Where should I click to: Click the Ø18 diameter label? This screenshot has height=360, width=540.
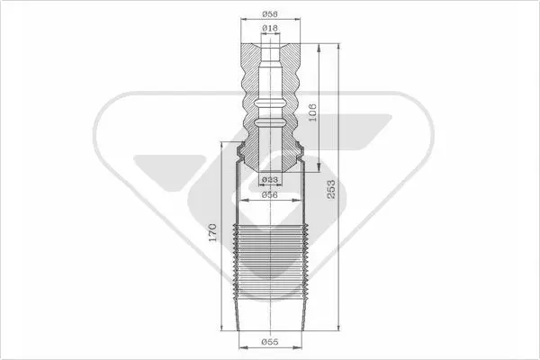tap(270, 28)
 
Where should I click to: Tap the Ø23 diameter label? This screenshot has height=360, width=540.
tap(270, 179)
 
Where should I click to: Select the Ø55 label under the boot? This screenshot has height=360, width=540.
tap(270, 342)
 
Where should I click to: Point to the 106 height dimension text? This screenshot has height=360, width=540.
tap(312, 112)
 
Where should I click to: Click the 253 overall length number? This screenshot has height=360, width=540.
tap(330, 189)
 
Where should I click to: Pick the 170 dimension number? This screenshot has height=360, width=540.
tap(213, 232)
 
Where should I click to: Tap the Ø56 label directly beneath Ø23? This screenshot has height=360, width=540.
tap(270, 194)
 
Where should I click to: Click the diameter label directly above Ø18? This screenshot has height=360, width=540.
tap(270, 14)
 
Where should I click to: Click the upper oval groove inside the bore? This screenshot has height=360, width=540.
tap(270, 103)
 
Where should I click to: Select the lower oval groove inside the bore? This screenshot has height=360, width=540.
tap(270, 122)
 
